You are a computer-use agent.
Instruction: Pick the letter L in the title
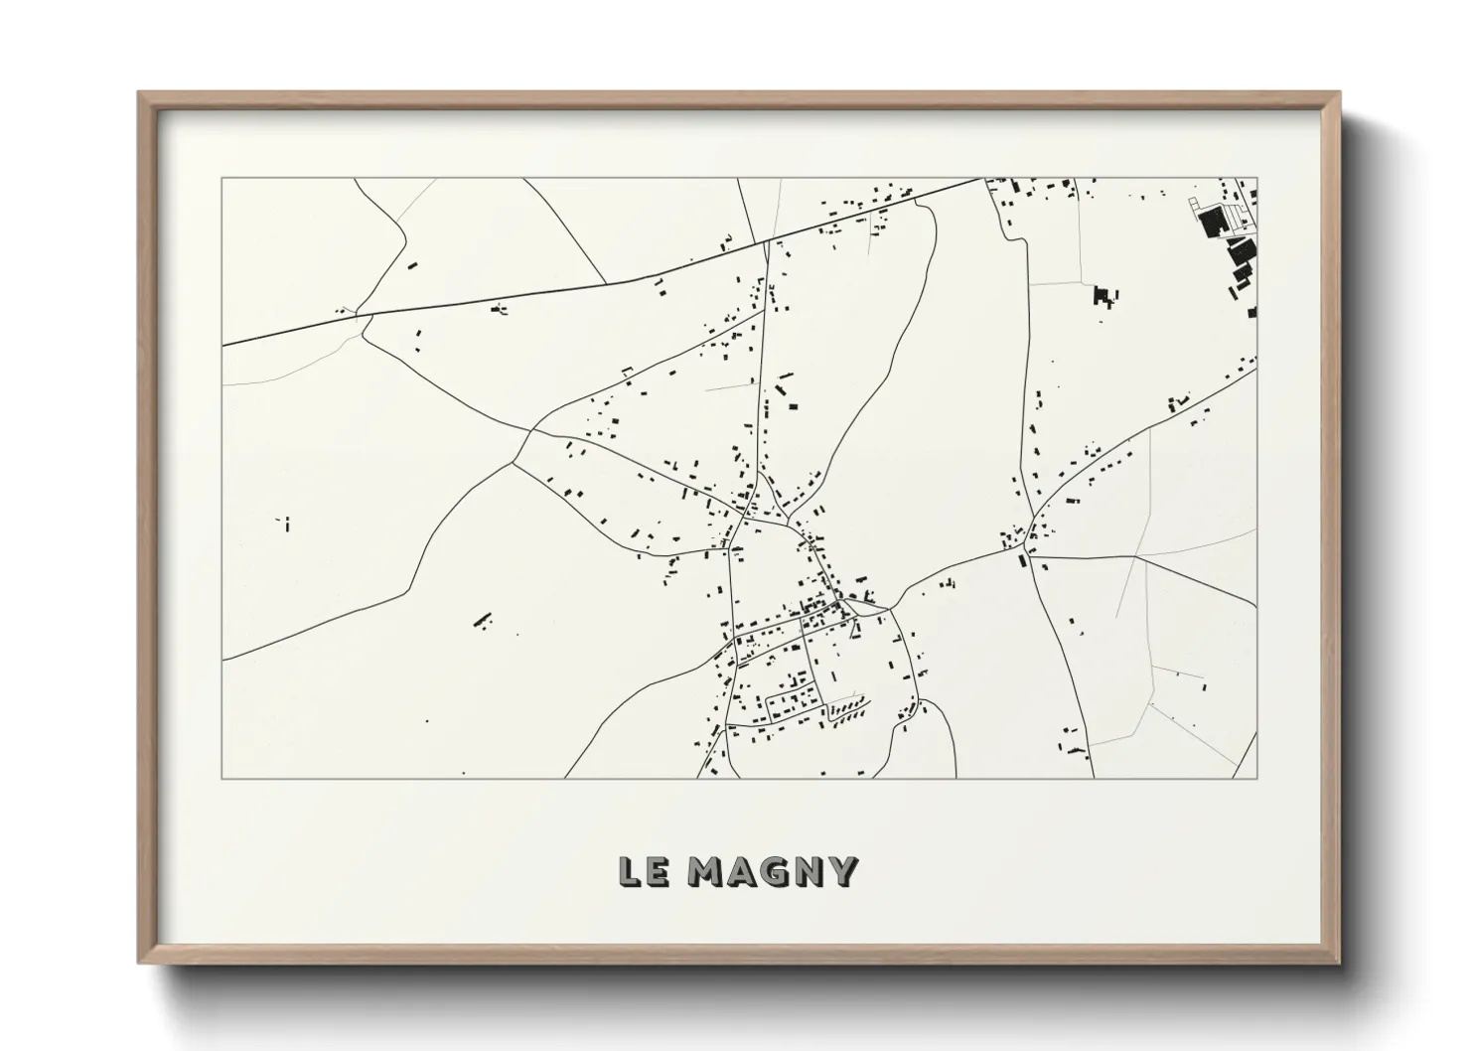629,871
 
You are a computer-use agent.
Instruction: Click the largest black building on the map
1211,223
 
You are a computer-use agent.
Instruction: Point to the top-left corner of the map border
221,179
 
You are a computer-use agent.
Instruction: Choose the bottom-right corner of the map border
1256,778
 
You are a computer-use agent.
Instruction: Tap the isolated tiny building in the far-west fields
286,524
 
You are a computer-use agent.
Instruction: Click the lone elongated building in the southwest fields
483,620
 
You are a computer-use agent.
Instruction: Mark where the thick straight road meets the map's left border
222,345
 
